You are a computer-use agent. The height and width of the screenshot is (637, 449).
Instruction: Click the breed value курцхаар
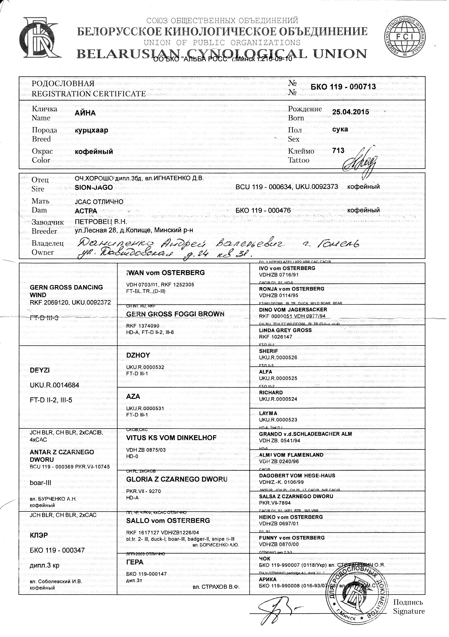click(91, 130)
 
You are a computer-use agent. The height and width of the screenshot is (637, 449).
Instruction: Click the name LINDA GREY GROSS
click(285, 330)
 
